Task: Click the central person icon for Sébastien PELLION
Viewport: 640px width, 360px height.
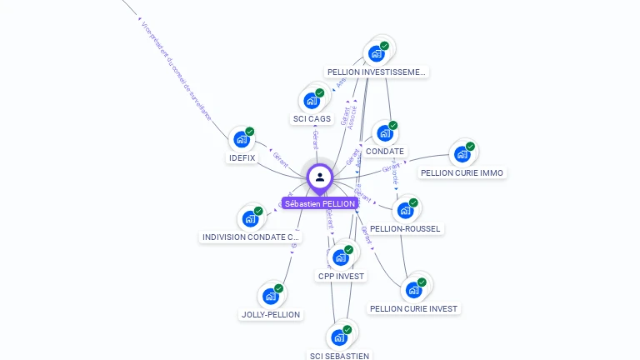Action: point(320,177)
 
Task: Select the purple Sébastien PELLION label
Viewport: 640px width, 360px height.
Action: point(320,203)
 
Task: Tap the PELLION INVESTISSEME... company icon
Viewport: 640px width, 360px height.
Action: point(377,54)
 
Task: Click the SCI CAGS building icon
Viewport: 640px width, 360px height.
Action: point(312,101)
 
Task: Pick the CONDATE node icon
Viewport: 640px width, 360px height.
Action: point(384,133)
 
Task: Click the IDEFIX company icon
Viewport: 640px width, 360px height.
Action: point(242,139)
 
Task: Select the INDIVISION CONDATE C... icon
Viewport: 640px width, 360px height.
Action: point(251,219)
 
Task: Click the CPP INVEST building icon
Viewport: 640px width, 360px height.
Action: point(341,257)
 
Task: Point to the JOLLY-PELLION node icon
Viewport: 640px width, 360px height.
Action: point(270,296)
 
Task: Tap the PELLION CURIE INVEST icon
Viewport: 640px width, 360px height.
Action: point(413,290)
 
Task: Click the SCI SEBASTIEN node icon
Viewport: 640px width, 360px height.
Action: point(339,337)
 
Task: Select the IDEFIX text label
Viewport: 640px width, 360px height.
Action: point(242,157)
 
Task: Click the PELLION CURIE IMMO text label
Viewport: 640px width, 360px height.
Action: point(462,173)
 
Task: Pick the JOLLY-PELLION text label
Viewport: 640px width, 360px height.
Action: point(271,315)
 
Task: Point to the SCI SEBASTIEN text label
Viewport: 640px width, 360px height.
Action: point(339,356)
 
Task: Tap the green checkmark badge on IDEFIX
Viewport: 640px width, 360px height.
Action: point(250,132)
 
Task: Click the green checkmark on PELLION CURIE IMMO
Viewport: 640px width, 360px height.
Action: point(470,147)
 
